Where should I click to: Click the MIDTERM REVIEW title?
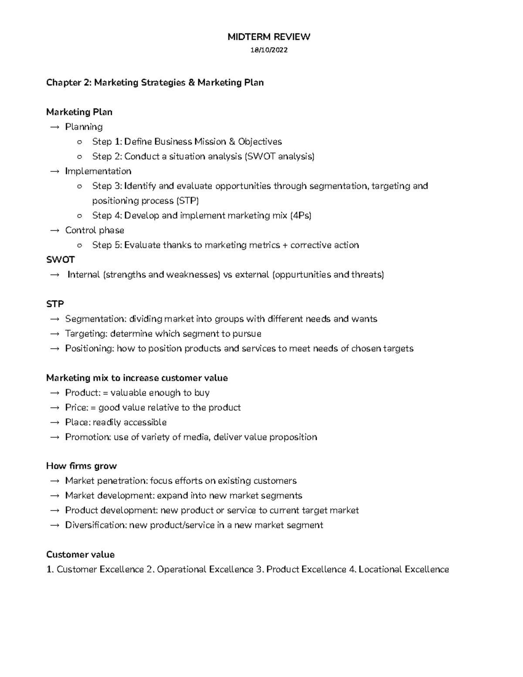[x=268, y=37]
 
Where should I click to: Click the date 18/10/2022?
[x=268, y=50]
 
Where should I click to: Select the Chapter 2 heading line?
[x=155, y=82]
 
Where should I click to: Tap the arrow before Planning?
[x=54, y=127]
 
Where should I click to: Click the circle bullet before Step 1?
[x=79, y=142]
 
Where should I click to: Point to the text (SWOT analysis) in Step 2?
[x=279, y=156]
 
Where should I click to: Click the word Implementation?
[x=98, y=171]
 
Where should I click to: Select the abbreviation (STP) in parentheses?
[x=187, y=201]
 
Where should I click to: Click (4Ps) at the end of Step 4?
[x=301, y=216]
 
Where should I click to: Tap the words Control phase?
[x=95, y=230]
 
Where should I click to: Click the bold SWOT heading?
[x=60, y=260]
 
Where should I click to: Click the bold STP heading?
[x=55, y=304]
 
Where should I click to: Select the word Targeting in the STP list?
[x=86, y=334]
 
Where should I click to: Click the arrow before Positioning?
[x=54, y=349]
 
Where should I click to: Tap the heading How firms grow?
[x=82, y=466]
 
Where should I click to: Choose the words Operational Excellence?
[x=205, y=570]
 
